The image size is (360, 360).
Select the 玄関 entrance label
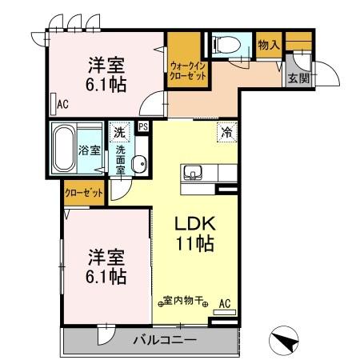(x=298, y=77)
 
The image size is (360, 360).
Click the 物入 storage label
(x=268, y=45)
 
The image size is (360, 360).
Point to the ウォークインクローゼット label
(x=189, y=69)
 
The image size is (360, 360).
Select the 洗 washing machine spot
(x=118, y=132)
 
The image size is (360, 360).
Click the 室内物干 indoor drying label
(x=185, y=302)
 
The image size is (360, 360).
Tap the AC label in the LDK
(x=225, y=303)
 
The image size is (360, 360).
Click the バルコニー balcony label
(x=163, y=340)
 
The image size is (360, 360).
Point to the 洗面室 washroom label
(x=121, y=160)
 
